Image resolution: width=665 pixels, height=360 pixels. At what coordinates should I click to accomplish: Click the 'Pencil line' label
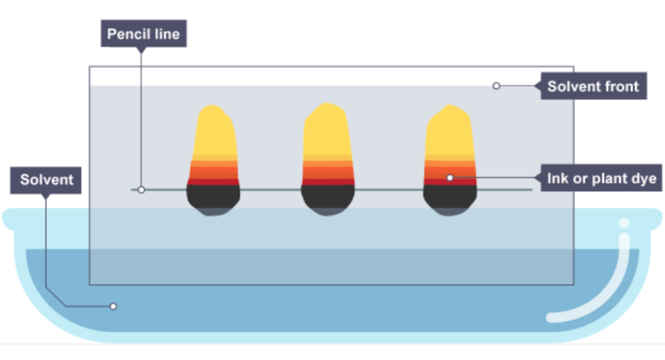(x=143, y=34)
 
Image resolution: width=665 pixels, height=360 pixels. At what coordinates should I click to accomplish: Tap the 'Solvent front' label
(x=594, y=86)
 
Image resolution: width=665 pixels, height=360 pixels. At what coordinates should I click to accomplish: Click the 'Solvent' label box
(x=46, y=180)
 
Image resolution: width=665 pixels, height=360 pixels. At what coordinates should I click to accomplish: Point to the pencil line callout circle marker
(x=141, y=190)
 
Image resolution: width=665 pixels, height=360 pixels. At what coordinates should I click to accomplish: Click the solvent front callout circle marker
(x=496, y=86)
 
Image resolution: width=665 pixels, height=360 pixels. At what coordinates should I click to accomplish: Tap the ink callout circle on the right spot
(x=450, y=178)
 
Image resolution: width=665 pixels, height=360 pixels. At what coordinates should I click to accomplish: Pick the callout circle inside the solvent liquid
(x=113, y=306)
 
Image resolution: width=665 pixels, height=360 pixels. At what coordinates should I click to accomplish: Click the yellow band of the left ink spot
(x=215, y=131)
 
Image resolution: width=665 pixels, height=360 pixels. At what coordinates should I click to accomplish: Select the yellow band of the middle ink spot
(x=327, y=131)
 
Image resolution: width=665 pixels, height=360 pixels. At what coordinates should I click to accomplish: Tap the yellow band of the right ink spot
(x=450, y=131)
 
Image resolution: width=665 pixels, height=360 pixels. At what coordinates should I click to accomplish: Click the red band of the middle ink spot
(x=328, y=182)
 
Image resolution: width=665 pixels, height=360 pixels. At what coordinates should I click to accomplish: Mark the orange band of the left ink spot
(x=214, y=170)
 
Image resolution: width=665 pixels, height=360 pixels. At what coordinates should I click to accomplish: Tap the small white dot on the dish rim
(x=624, y=223)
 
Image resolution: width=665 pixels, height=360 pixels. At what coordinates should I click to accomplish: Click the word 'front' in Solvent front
(x=617, y=87)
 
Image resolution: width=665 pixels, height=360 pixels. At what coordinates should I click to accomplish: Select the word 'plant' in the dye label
(x=597, y=179)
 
